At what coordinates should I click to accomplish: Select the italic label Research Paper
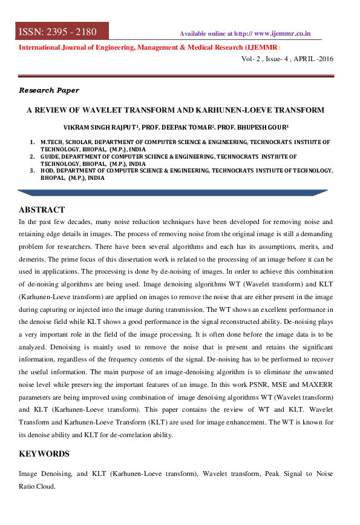coord(49,90)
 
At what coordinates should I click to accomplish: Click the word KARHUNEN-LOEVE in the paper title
coord(222,110)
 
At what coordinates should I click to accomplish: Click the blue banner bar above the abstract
coord(172,193)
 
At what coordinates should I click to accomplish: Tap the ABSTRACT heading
coord(42,210)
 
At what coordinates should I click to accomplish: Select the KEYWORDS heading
coord(44,454)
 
